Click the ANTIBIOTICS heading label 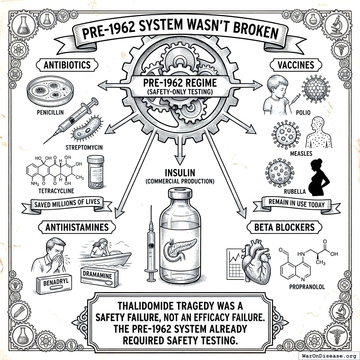point(67,65)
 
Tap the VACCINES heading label point(292,65)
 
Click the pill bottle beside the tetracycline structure point(96,172)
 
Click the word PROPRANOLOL point(307,287)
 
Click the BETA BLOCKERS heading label point(285,227)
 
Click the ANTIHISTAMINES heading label point(77,227)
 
